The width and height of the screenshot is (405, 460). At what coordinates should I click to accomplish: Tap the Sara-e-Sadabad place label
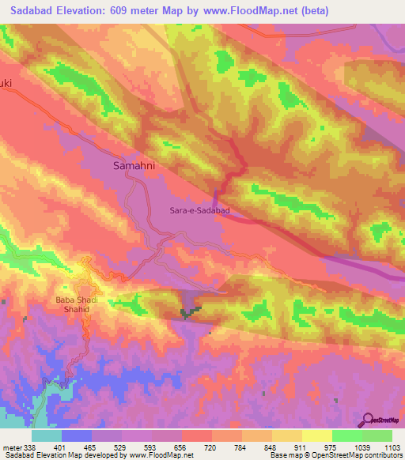pos(199,211)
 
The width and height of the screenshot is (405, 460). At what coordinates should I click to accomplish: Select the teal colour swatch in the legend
pos(46,435)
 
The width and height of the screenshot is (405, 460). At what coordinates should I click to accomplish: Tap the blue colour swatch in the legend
pos(76,435)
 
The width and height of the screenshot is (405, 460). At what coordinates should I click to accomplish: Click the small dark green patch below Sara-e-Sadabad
pos(189,314)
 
